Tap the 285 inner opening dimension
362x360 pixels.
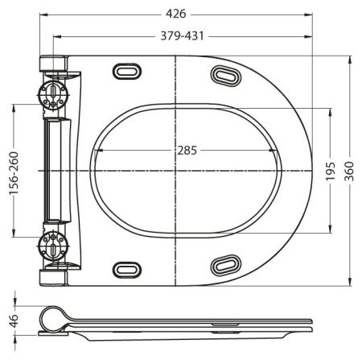[187, 151]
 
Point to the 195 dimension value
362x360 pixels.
[331, 171]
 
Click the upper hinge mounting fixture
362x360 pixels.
[54, 91]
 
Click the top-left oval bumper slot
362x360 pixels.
[126, 71]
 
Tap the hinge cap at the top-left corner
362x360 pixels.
[53, 62]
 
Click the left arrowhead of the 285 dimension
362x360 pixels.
[97, 151]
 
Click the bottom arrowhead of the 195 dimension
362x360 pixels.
[331, 230]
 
